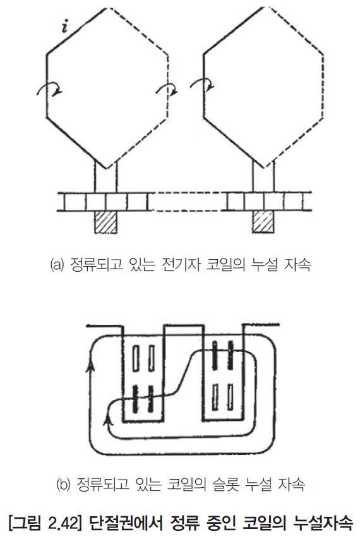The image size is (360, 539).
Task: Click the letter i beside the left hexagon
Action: point(64,27)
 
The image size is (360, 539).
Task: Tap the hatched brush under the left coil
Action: point(105,222)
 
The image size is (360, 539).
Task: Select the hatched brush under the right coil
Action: point(263,222)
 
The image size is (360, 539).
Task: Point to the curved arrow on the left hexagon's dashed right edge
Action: point(167,88)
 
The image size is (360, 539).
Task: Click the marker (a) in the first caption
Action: point(57,265)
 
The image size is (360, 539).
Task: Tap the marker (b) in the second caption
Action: point(63,485)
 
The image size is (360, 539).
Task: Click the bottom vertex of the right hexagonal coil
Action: point(264,168)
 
